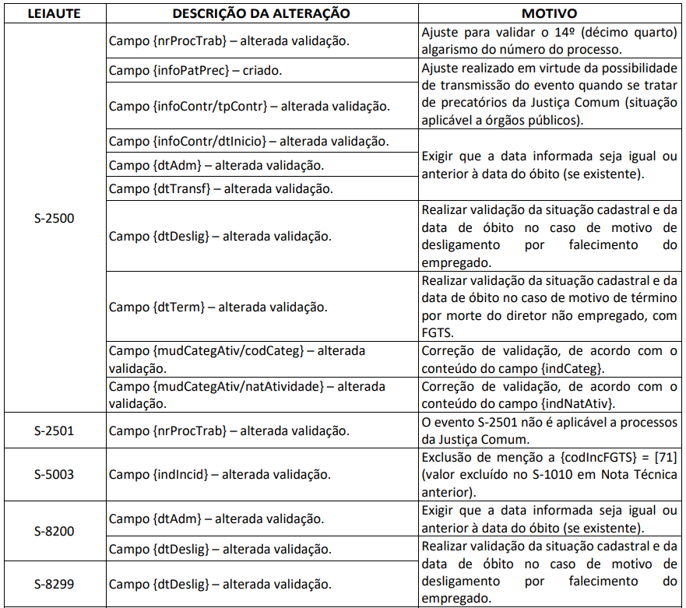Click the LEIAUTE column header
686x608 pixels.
coord(54,13)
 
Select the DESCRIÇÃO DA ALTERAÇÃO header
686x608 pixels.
coord(261,13)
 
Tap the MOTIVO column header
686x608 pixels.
coord(550,13)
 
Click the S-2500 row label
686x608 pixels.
coord(54,218)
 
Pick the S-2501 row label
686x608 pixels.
coord(54,431)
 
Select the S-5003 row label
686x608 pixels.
coord(54,474)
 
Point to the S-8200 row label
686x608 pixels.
coord(54,531)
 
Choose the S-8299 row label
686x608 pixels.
coord(54,583)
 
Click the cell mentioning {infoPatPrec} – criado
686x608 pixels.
coord(195,70)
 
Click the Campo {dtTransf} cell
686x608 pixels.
coord(220,188)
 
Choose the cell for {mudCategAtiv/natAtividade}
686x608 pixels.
coord(247,394)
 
